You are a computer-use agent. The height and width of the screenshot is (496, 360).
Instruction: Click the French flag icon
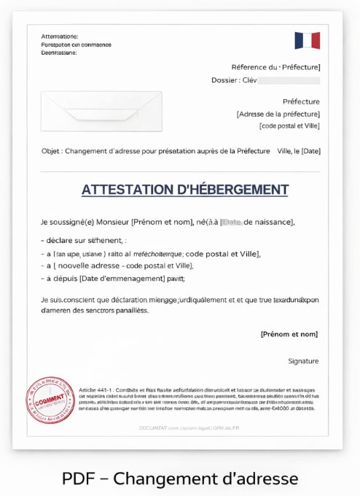pyautogui.click(x=307, y=41)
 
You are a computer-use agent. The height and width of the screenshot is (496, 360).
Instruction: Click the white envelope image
pyautogui.click(x=101, y=111)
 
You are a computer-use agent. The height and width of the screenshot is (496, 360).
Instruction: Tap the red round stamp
pyautogui.click(x=50, y=401)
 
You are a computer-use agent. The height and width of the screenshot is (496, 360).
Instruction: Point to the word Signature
pyautogui.click(x=303, y=361)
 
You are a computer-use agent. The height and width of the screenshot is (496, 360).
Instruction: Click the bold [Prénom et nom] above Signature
pyautogui.click(x=289, y=334)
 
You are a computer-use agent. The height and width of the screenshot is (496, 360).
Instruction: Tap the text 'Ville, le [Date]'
pyautogui.click(x=299, y=151)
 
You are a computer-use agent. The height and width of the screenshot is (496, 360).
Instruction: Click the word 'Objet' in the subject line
pyautogui.click(x=51, y=151)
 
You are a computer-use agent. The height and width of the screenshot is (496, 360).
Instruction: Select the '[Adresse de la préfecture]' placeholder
pyautogui.click(x=278, y=114)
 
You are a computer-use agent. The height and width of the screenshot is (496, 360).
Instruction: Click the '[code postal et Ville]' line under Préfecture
pyautogui.click(x=289, y=125)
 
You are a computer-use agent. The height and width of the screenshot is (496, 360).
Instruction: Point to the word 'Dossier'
pyautogui.click(x=225, y=80)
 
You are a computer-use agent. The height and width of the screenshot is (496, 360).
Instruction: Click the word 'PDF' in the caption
pyautogui.click(x=78, y=478)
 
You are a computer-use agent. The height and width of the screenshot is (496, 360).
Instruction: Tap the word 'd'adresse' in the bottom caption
pyautogui.click(x=264, y=478)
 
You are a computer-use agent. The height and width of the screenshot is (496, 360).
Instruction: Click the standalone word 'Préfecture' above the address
pyautogui.click(x=301, y=101)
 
